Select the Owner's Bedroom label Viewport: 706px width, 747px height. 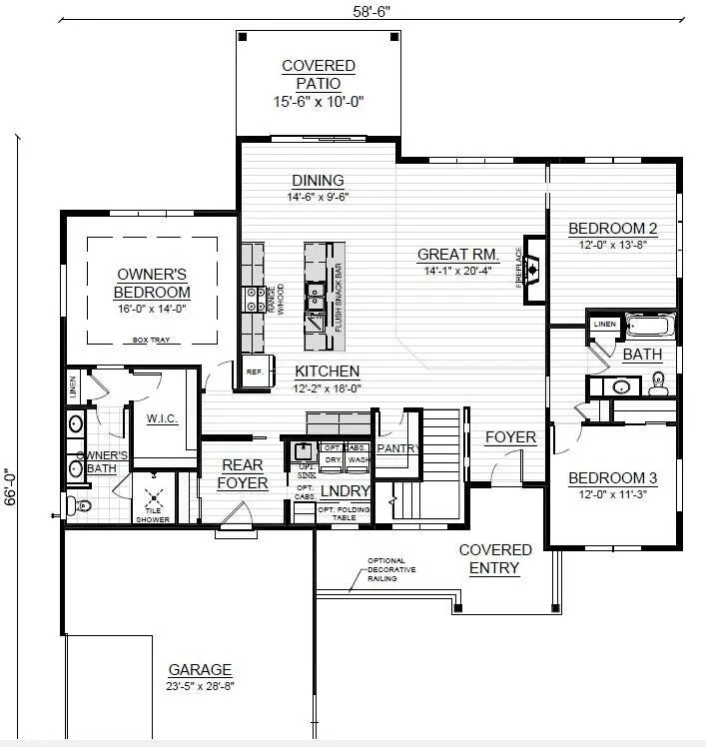(x=153, y=283)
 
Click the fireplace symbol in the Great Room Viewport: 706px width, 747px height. (x=533, y=268)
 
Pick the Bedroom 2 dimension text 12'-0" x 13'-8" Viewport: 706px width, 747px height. (x=613, y=246)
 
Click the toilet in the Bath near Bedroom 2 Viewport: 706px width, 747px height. (x=658, y=382)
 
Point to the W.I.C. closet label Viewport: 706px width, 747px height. (x=161, y=417)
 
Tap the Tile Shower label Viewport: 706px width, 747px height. (x=153, y=514)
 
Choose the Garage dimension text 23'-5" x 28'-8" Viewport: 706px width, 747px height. (x=199, y=686)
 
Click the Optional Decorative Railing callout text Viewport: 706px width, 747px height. (x=391, y=569)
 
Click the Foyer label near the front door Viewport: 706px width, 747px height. (x=510, y=437)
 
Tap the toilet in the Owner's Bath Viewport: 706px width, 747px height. (x=81, y=506)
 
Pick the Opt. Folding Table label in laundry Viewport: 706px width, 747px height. (x=339, y=513)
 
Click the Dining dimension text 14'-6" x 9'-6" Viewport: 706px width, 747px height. (x=318, y=197)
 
